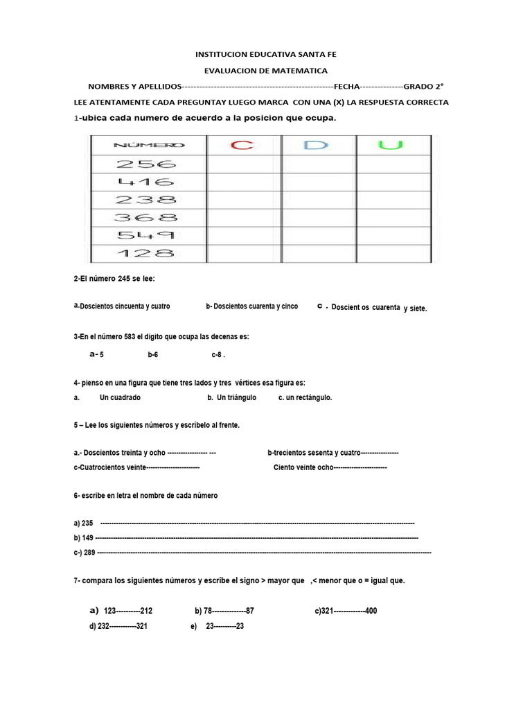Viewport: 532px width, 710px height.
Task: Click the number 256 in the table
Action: tap(146, 164)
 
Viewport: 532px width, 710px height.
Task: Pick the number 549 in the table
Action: tap(146, 235)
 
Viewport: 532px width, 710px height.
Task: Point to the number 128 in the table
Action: tap(146, 253)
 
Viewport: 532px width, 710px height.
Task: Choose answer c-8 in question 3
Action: tap(218, 355)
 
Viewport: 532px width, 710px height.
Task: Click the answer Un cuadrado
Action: tap(120, 398)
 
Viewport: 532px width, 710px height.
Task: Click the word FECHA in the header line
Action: tap(346, 87)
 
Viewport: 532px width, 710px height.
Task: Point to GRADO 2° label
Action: tap(423, 87)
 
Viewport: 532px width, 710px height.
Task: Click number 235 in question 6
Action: tap(87, 523)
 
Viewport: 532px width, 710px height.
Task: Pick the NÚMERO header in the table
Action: tap(148, 146)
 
